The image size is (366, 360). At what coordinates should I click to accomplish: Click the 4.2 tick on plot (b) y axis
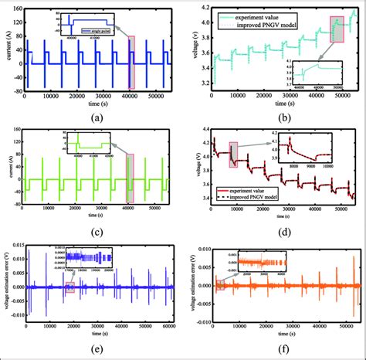coord(202,6)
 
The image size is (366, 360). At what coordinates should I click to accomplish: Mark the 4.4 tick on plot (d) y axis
coord(202,130)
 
